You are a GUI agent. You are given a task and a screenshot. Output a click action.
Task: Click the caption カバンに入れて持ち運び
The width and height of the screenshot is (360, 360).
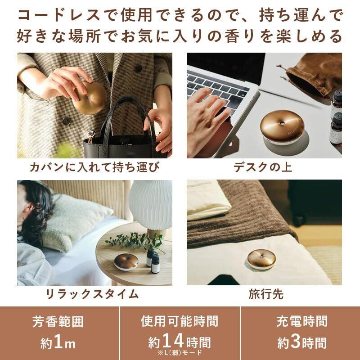pos(94,167)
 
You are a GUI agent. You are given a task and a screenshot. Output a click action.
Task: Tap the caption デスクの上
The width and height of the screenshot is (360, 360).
pos(263,167)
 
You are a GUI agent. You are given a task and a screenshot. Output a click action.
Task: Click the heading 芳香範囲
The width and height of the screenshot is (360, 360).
pos(58,321)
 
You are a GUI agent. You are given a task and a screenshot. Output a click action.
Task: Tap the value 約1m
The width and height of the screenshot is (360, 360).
pos(58,342)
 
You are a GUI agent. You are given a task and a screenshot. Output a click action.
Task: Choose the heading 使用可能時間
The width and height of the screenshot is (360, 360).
pos(180,321)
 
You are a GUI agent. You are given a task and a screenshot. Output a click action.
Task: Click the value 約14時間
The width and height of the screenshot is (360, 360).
pos(180,341)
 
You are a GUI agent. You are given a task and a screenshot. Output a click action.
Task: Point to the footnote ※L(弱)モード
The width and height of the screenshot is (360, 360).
pos(180,352)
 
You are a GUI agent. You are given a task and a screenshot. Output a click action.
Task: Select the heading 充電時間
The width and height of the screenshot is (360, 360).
pos(302,321)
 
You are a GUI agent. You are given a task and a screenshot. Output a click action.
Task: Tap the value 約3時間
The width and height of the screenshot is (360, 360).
pos(302,342)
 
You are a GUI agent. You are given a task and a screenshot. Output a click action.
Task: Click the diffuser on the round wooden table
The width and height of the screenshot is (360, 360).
pos(126,261)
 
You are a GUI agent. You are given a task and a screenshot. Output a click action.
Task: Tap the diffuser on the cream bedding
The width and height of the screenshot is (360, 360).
pos(261,260)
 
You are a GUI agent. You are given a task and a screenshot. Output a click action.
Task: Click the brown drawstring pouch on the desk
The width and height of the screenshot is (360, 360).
pos(312,73)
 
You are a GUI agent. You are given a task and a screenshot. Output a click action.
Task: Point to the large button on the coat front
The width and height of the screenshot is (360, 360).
pos(67,121)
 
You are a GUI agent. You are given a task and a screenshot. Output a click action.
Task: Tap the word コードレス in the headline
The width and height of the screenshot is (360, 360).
pos(59,15)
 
